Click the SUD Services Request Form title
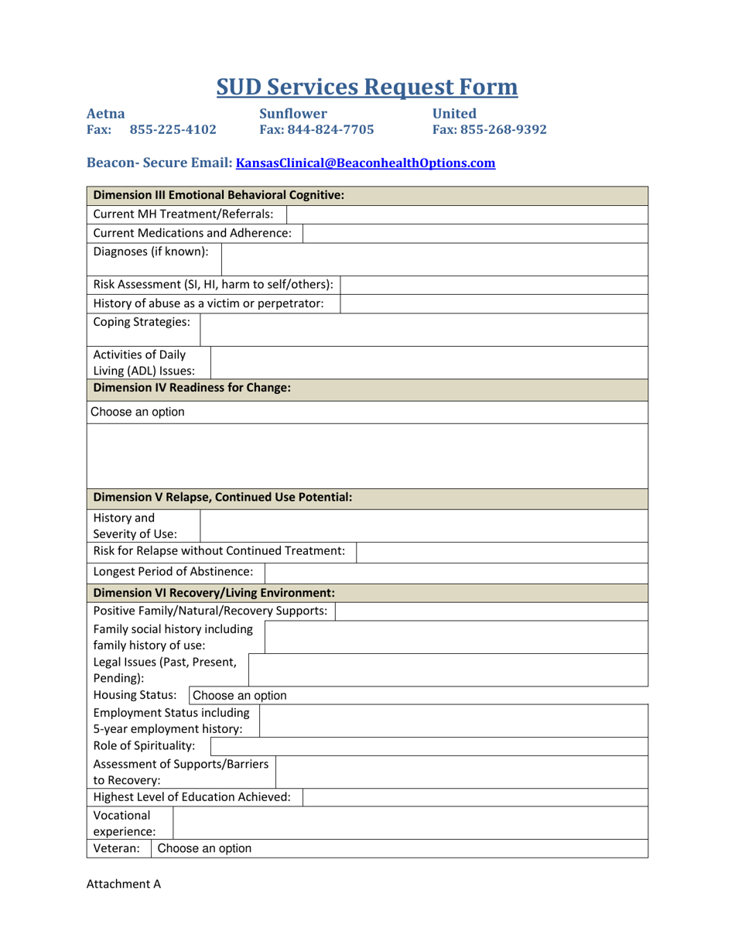tap(367, 87)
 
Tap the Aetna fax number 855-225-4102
tap(173, 129)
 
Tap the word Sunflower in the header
tap(293, 113)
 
